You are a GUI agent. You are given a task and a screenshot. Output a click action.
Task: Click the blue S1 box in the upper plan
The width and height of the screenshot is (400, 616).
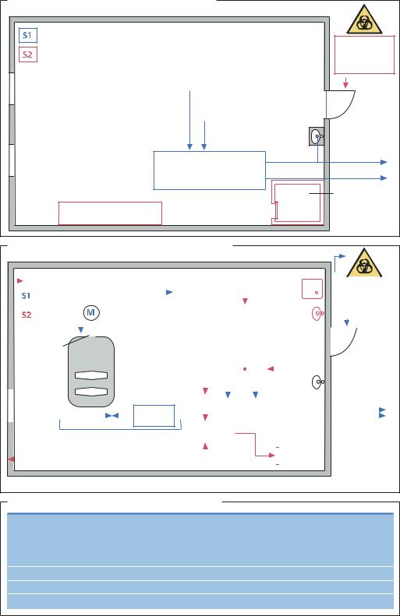coord(28,35)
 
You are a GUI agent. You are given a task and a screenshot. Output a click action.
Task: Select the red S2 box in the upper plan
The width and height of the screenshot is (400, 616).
coord(28,55)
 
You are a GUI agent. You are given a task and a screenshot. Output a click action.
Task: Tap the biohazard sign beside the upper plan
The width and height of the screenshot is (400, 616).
coord(364,19)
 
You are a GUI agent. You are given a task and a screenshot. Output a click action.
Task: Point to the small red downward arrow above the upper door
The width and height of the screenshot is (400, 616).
coord(345,83)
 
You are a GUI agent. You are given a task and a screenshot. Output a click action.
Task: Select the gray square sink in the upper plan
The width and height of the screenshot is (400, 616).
coord(317,136)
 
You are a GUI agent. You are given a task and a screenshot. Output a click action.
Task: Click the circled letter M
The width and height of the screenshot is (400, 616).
coord(91,313)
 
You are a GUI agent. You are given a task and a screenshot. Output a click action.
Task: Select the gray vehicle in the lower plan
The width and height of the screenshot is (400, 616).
coord(91,371)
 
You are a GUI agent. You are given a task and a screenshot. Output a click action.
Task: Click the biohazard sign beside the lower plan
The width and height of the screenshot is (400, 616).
coord(364,262)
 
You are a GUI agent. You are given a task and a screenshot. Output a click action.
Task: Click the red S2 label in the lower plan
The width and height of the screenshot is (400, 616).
coord(27,315)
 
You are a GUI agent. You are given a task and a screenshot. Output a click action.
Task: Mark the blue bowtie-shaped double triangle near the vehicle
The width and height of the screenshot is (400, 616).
coord(112,415)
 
